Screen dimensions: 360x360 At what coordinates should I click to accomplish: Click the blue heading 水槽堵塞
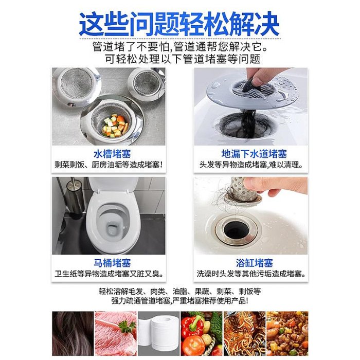tap(112, 154)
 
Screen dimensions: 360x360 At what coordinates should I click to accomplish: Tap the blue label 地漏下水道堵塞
tap(254, 154)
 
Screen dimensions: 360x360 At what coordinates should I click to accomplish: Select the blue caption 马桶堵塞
tap(112, 263)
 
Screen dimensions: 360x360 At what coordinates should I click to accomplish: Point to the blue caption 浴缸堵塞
tap(254, 263)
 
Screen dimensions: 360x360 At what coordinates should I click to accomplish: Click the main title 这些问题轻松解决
tap(179, 24)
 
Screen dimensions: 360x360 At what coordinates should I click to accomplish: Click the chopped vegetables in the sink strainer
tap(114, 125)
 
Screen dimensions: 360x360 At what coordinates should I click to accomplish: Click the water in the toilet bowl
tap(113, 229)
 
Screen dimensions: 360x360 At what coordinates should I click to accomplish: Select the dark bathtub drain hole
tap(237, 230)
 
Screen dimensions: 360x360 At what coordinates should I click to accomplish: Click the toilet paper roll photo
tap(158, 333)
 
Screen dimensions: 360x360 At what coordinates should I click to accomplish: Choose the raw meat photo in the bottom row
tap(116, 333)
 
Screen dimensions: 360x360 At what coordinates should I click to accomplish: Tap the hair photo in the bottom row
tap(73, 333)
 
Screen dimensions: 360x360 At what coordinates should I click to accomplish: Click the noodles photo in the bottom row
tap(244, 333)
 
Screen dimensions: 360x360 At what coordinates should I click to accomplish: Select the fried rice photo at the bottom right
tap(287, 333)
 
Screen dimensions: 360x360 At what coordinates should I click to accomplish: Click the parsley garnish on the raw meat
tap(127, 326)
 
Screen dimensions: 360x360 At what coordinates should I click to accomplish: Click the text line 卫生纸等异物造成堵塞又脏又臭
tap(109, 274)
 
